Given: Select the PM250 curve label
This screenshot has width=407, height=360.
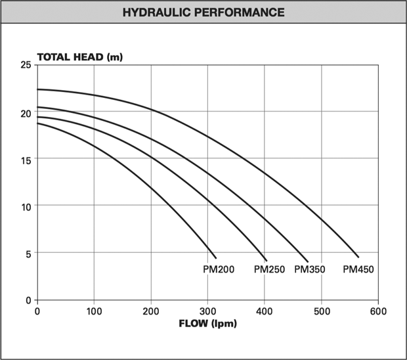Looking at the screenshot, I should [x=270, y=269].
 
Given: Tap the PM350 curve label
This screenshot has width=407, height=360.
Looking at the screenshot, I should [x=310, y=269].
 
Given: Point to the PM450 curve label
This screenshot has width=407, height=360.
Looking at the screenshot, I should [x=358, y=269].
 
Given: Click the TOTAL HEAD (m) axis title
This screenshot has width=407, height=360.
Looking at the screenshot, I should [x=79, y=56].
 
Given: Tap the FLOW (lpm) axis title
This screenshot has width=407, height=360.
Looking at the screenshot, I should [x=207, y=323].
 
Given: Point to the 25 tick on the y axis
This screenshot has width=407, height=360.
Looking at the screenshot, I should [x=26, y=65].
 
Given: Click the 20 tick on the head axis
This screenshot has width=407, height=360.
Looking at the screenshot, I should [x=26, y=112].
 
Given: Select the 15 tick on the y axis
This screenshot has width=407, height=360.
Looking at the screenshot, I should [x=26, y=159].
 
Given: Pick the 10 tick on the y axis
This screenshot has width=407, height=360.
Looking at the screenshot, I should [x=26, y=206].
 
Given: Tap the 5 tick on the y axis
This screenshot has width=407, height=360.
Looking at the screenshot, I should [x=28, y=253].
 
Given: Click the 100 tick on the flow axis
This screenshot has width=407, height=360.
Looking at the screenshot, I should [x=94, y=311].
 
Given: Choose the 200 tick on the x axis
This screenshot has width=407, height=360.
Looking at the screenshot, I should [x=151, y=311].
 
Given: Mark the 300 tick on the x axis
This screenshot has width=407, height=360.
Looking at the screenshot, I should [x=207, y=311].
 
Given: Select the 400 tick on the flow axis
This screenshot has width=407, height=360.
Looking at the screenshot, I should [x=265, y=311].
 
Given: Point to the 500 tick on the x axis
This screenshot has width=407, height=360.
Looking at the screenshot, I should [x=321, y=311].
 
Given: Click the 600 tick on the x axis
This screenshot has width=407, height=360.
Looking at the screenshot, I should [x=378, y=311].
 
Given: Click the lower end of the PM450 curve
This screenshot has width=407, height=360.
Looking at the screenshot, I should [x=358, y=257].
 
